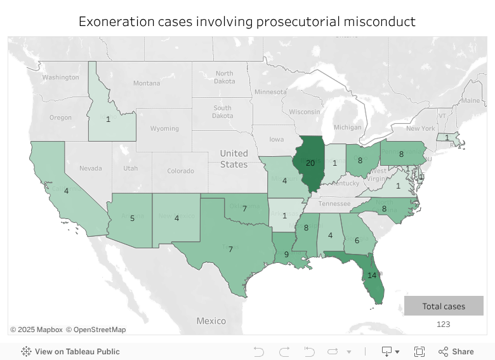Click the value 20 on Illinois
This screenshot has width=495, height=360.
[310, 163]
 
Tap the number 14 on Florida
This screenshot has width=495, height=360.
[372, 275]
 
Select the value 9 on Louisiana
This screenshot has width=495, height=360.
[286, 255]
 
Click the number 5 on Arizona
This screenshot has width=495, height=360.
[132, 218]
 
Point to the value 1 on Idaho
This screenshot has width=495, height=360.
[108, 119]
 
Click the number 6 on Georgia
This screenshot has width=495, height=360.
[356, 241]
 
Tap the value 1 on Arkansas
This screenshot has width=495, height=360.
[284, 216]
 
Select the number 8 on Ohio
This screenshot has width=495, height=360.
[360, 161]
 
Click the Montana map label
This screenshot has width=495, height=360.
[147, 83]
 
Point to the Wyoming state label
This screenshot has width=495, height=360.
[164, 128]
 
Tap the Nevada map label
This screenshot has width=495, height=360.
[90, 168]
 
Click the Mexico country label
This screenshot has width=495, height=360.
[211, 321]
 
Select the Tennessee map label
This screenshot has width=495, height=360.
[334, 204]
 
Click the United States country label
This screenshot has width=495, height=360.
[234, 159]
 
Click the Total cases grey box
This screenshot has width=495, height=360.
[444, 306]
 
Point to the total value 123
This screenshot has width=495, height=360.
[443, 324]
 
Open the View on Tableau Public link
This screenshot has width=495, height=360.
[77, 352]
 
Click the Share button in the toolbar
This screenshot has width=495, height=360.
[456, 352]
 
